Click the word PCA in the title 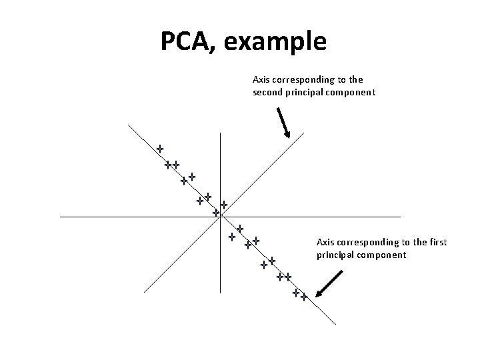pyautogui.click(x=187, y=41)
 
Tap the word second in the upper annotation pyautogui.click(x=269, y=93)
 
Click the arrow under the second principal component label pyautogui.click(x=283, y=123)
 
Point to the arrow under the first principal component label pyautogui.click(x=329, y=283)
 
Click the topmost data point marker pyautogui.click(x=160, y=148)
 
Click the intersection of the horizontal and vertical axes pyautogui.click(x=220, y=217)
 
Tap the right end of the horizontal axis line pyautogui.click(x=400, y=217)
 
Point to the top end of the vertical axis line pyautogui.click(x=220, y=132)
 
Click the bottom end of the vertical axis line pyautogui.click(x=220, y=293)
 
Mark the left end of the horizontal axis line pyautogui.click(x=60, y=217)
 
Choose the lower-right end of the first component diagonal pyautogui.click(x=335, y=325)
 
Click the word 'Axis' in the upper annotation pyautogui.click(x=261, y=79)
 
